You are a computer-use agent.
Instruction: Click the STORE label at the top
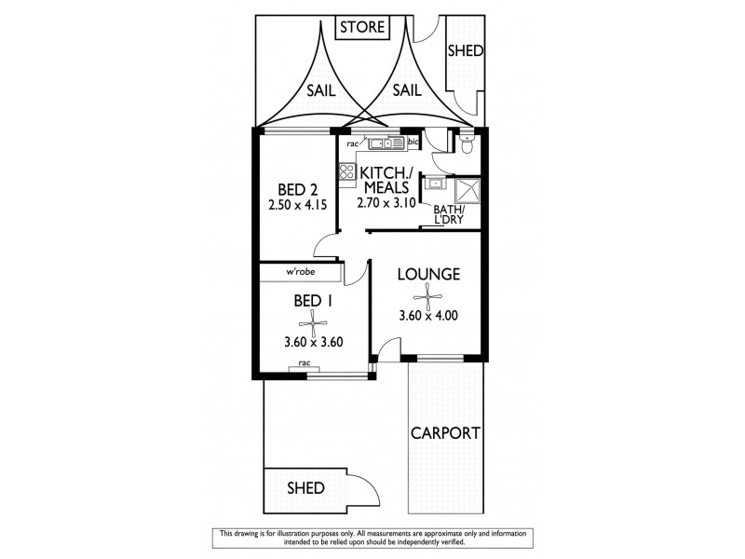[361, 27]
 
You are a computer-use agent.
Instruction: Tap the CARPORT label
[446, 433]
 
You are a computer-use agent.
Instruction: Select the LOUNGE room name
[427, 275]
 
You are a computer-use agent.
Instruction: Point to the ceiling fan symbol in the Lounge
[427, 297]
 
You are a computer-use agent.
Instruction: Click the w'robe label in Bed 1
[299, 272]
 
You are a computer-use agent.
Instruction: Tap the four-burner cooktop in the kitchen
[346, 171]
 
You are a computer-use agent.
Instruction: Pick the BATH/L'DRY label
[450, 216]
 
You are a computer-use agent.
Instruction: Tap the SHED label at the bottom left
[305, 487]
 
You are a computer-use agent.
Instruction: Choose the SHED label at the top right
[466, 51]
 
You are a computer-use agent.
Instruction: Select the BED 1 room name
[315, 301]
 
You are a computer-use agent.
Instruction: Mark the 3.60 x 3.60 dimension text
[315, 342]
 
